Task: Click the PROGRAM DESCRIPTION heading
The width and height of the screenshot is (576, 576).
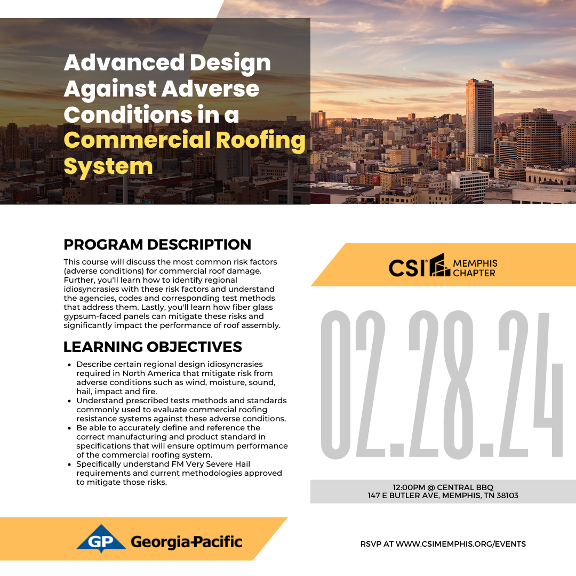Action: (157, 244)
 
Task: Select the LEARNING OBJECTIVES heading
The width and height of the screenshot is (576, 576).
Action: (153, 347)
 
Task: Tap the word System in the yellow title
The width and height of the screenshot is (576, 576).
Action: (108, 166)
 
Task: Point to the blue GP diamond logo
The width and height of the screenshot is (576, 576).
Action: (101, 539)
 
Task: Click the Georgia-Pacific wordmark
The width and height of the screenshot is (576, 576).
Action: (186, 542)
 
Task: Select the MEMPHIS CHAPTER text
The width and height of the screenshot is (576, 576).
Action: (475, 268)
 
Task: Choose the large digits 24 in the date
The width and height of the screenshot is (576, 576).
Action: (531, 384)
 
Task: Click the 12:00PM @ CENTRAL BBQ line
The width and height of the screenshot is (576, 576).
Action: (443, 487)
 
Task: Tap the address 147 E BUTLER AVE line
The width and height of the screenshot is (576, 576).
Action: (443, 495)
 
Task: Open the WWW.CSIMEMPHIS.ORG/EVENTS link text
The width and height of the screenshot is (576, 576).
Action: (461, 544)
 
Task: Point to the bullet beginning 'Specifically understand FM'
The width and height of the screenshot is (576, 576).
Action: (179, 473)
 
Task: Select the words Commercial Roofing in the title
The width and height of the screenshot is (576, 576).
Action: (185, 140)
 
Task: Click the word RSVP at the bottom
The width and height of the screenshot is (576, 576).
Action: (371, 544)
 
